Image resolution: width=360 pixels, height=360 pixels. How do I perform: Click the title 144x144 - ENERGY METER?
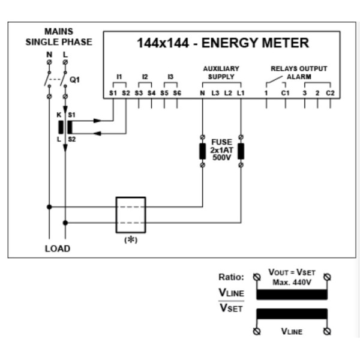223,43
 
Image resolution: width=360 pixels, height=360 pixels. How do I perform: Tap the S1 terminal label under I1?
113,93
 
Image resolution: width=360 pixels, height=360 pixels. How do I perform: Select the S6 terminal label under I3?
177,93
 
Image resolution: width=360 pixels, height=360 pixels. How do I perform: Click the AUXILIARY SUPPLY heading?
221,73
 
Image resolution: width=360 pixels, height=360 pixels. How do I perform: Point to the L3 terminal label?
215,93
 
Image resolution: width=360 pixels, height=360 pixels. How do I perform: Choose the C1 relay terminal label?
286,93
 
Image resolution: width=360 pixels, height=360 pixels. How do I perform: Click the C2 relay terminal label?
330,93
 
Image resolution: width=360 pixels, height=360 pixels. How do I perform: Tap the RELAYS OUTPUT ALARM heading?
299,73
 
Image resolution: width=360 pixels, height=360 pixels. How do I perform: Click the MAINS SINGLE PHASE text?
59,37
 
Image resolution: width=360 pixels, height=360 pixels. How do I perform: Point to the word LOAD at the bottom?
58,248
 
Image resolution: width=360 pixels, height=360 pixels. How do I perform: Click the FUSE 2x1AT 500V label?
221,150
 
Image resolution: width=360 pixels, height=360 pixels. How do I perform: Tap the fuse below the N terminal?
202,151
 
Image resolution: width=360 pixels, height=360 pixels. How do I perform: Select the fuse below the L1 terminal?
241,151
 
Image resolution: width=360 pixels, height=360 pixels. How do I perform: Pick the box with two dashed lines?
130,215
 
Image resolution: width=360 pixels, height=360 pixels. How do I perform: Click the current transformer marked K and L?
65,127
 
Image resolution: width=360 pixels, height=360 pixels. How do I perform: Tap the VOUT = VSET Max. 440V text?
291,277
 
